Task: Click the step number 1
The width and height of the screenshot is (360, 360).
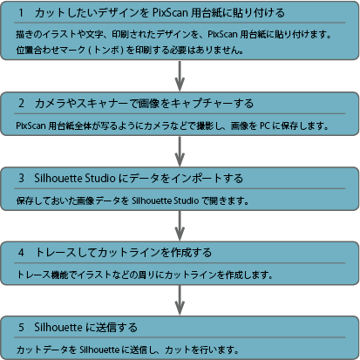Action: click(21, 13)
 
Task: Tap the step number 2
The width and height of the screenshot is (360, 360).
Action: click(21, 103)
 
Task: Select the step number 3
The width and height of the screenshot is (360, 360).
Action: click(21, 178)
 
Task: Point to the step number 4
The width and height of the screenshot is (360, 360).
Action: click(21, 252)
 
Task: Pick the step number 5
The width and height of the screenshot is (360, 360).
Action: click(21, 327)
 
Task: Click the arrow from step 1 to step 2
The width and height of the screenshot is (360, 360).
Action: click(180, 76)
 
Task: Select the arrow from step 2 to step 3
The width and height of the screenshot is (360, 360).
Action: click(180, 151)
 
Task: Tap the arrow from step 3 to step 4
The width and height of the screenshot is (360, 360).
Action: click(180, 226)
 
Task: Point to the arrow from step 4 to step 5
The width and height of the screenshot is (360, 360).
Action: click(180, 300)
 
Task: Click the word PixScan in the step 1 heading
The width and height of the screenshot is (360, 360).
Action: click(170, 13)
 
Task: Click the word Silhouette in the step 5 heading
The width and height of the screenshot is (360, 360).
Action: click(58, 327)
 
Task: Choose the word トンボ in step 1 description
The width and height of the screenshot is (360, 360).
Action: click(106, 50)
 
